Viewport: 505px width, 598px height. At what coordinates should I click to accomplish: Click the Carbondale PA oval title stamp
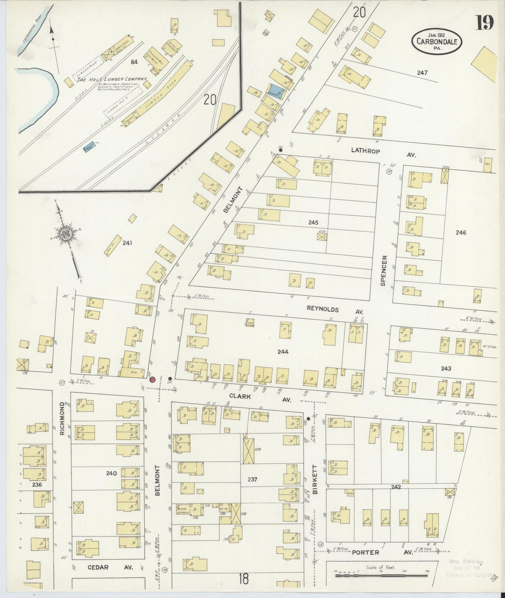(x=437, y=41)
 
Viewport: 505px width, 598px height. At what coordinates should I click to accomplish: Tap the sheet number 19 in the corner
(x=484, y=23)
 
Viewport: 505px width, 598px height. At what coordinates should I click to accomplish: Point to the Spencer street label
(x=384, y=271)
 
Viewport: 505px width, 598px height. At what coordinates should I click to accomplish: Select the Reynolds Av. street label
(x=335, y=310)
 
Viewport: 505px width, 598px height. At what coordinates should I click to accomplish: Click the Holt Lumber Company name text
(x=112, y=80)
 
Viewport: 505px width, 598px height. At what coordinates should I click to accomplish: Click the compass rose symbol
(x=66, y=234)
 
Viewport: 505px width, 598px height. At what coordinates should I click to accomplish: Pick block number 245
(x=313, y=222)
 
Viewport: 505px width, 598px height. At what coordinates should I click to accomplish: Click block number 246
(x=461, y=232)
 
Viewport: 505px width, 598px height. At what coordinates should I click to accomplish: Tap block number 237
(x=252, y=480)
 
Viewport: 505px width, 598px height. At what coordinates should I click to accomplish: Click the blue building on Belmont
(x=278, y=92)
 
